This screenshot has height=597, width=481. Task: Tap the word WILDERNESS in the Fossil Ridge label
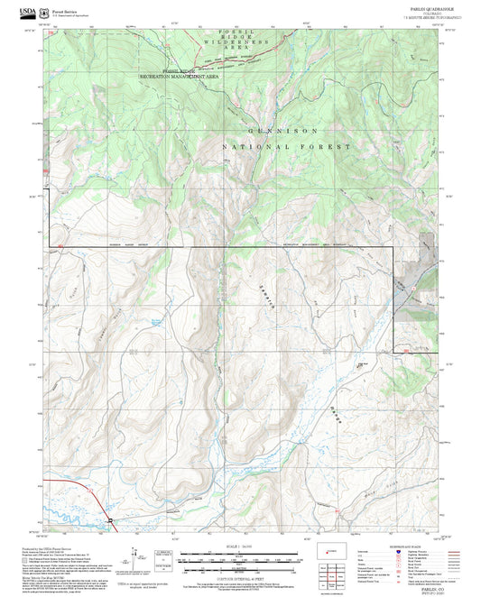coord(236,42)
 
